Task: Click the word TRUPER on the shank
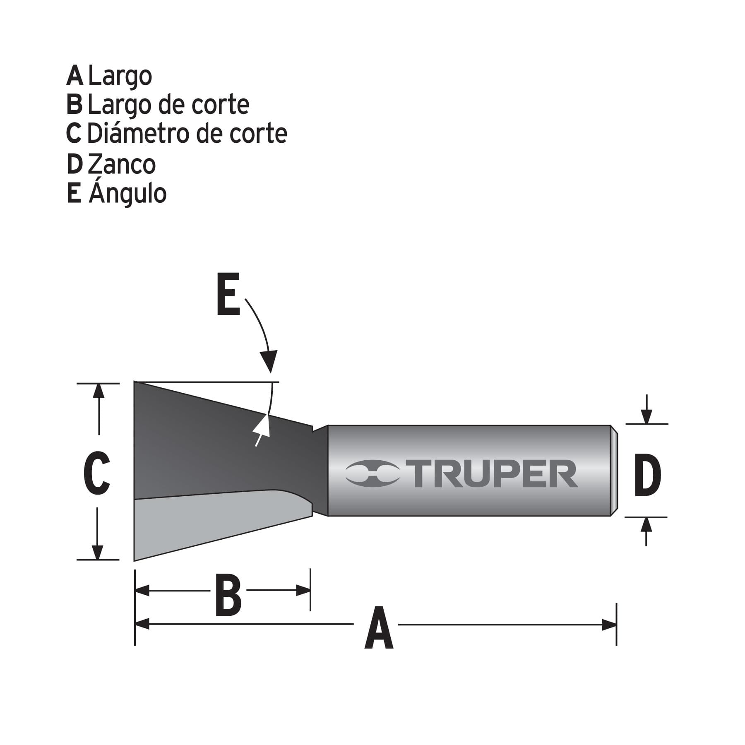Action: click(x=495, y=474)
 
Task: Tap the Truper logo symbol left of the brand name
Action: click(x=372, y=474)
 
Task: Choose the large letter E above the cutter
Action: click(x=228, y=294)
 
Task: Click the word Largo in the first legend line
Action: click(x=120, y=76)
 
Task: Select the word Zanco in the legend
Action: click(x=122, y=164)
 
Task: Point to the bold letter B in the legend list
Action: click(x=74, y=105)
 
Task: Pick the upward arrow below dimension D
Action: click(x=646, y=526)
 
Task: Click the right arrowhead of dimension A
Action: click(x=609, y=625)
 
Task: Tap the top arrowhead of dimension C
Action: click(x=99, y=391)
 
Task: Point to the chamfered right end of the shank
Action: click(x=614, y=471)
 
